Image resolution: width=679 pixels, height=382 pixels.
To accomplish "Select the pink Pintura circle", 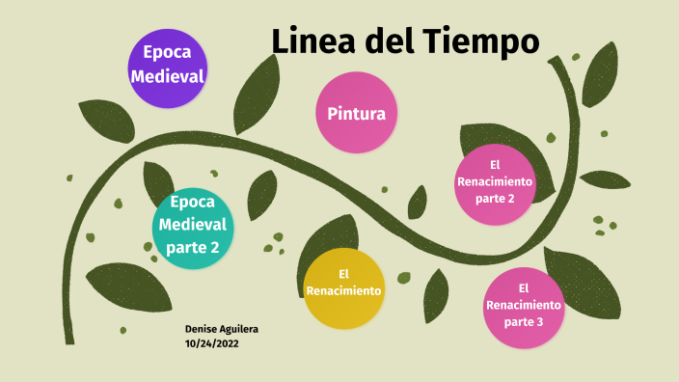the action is pos(356,112).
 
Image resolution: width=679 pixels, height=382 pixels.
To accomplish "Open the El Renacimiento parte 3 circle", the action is pos(523,306).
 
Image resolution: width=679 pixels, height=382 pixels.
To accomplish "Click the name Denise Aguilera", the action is pos(221,329).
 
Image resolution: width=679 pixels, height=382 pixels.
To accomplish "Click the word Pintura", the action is pos(356,113).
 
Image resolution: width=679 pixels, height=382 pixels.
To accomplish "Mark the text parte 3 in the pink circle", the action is pos(523,321).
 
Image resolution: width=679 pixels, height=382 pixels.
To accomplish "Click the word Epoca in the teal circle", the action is pos(193,203).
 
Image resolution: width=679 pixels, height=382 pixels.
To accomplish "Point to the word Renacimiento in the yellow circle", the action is pos(343,289).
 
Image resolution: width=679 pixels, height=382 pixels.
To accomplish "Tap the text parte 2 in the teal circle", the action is pos(193,247).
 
